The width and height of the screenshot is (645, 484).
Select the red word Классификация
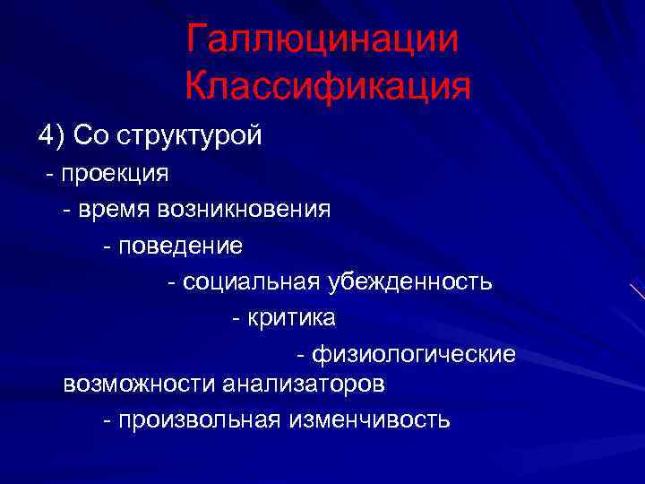(x=328, y=87)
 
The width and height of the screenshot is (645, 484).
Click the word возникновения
(x=244, y=210)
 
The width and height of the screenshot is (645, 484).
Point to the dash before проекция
(x=51, y=173)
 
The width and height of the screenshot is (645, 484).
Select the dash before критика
(x=236, y=318)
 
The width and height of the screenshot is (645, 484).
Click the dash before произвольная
(x=108, y=419)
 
